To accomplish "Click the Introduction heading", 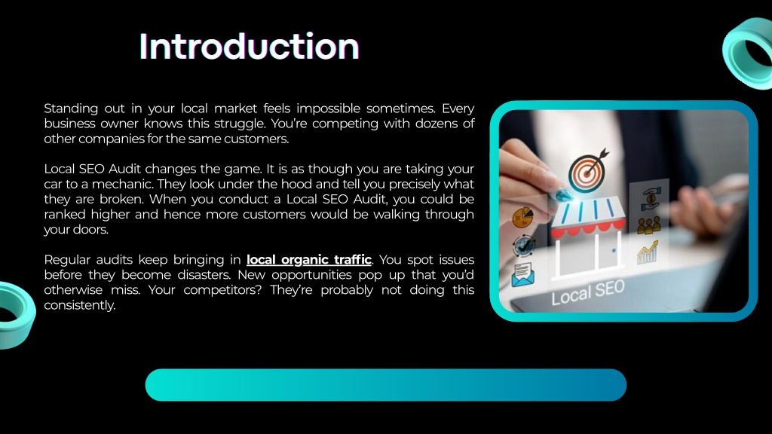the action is coord(249,47).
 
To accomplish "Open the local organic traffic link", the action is coord(308,260).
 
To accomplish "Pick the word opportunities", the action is coord(311,275).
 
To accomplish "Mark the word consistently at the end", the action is coord(79,306).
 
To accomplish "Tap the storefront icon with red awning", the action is coord(587,237).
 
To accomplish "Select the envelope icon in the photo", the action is coord(522,275).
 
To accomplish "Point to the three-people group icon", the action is coord(648,225).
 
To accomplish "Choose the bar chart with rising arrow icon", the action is coord(648,252).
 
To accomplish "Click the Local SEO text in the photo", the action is coord(588,293).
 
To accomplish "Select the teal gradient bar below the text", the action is coord(385,385).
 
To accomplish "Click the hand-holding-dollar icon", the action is coord(651,198).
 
